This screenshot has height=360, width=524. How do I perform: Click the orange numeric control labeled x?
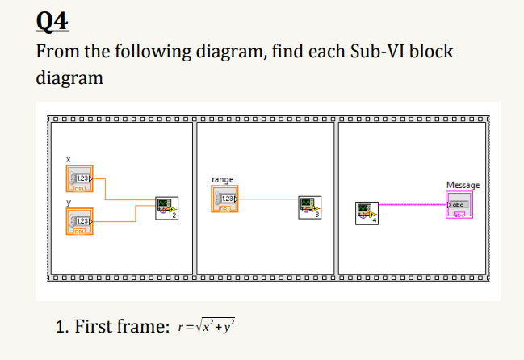tap(79, 178)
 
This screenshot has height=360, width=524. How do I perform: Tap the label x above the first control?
tap(69, 160)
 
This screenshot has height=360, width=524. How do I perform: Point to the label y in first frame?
tap(69, 202)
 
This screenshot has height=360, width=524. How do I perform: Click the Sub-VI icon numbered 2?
tap(165, 208)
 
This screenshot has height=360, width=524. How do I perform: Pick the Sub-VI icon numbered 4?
tap(366, 214)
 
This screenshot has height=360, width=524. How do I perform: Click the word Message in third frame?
tap(462, 186)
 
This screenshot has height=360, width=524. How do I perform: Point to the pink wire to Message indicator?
tap(412, 206)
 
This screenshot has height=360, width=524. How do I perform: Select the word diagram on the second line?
tap(70, 78)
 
